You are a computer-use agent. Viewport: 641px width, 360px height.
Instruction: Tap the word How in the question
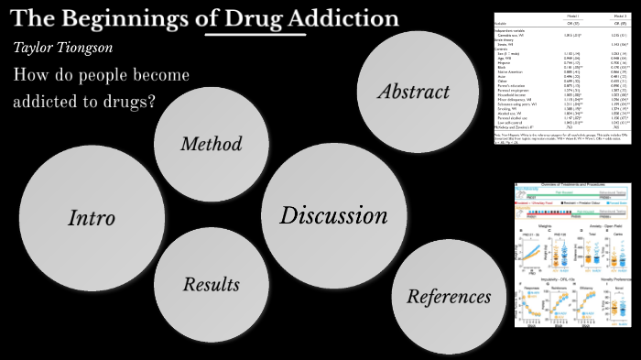(x=30, y=75)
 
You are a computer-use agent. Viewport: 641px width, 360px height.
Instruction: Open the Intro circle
(x=92, y=217)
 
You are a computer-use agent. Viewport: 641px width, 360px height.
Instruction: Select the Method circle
(x=211, y=144)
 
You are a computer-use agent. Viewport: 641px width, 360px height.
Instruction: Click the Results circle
(x=211, y=284)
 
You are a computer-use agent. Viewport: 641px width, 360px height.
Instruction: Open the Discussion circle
(x=333, y=216)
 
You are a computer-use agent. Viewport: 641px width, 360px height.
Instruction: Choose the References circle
(x=449, y=297)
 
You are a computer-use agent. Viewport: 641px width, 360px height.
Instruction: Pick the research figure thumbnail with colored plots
(x=572, y=254)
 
